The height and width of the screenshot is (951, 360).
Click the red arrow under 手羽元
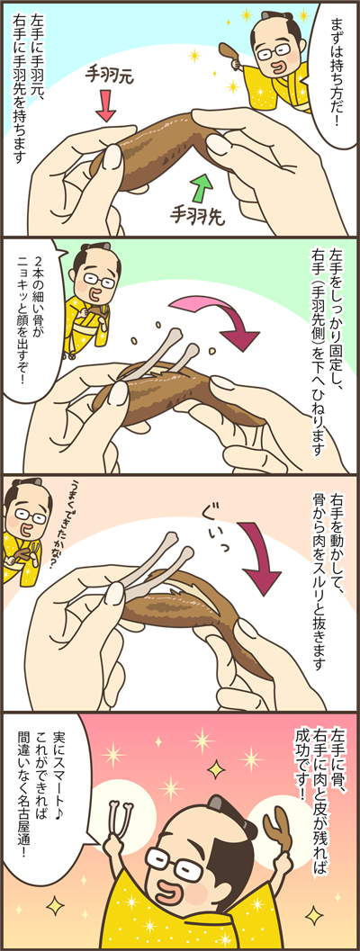105,105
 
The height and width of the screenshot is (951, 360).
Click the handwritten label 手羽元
109,77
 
